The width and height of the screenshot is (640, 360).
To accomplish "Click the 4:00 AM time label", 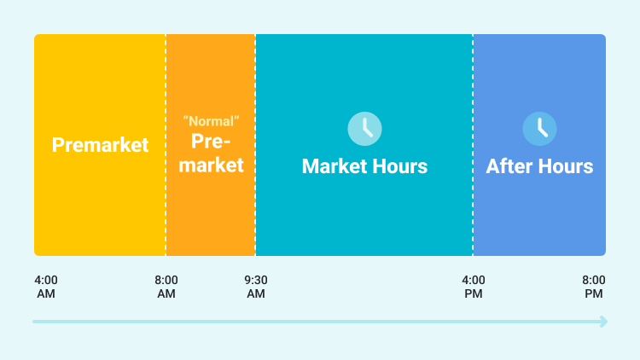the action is tap(46, 287).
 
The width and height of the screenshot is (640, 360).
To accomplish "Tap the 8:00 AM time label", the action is tap(166, 287).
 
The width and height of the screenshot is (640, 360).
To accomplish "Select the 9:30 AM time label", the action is tap(256, 287).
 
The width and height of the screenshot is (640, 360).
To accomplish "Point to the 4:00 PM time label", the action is tap(474, 287).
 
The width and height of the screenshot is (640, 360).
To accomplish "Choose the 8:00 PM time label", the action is tap(593, 287).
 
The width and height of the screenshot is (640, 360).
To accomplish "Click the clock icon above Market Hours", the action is tap(365, 129).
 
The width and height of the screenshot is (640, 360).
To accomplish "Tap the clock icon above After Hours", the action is tap(539, 129).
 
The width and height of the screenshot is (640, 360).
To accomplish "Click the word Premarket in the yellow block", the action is tap(100, 145).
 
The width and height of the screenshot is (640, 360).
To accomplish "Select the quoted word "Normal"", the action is tap(211, 121).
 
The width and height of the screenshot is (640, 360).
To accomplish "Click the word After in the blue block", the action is tap(509, 166).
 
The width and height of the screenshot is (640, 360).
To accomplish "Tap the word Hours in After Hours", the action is tap(566, 166).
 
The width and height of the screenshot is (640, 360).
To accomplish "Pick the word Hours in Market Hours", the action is tap(400, 166).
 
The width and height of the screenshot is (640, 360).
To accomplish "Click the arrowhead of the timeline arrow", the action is tap(603, 322).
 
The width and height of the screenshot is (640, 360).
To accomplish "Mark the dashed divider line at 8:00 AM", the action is tap(166, 145).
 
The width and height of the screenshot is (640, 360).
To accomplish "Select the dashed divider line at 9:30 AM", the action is tap(255, 145).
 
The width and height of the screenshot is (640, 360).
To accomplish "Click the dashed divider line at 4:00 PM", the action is tap(473, 145).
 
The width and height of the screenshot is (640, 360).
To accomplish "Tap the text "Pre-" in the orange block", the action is tap(211, 142).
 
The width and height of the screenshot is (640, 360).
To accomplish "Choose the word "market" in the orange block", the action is tap(211, 165).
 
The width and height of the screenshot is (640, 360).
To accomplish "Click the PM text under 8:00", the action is tap(593, 293).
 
